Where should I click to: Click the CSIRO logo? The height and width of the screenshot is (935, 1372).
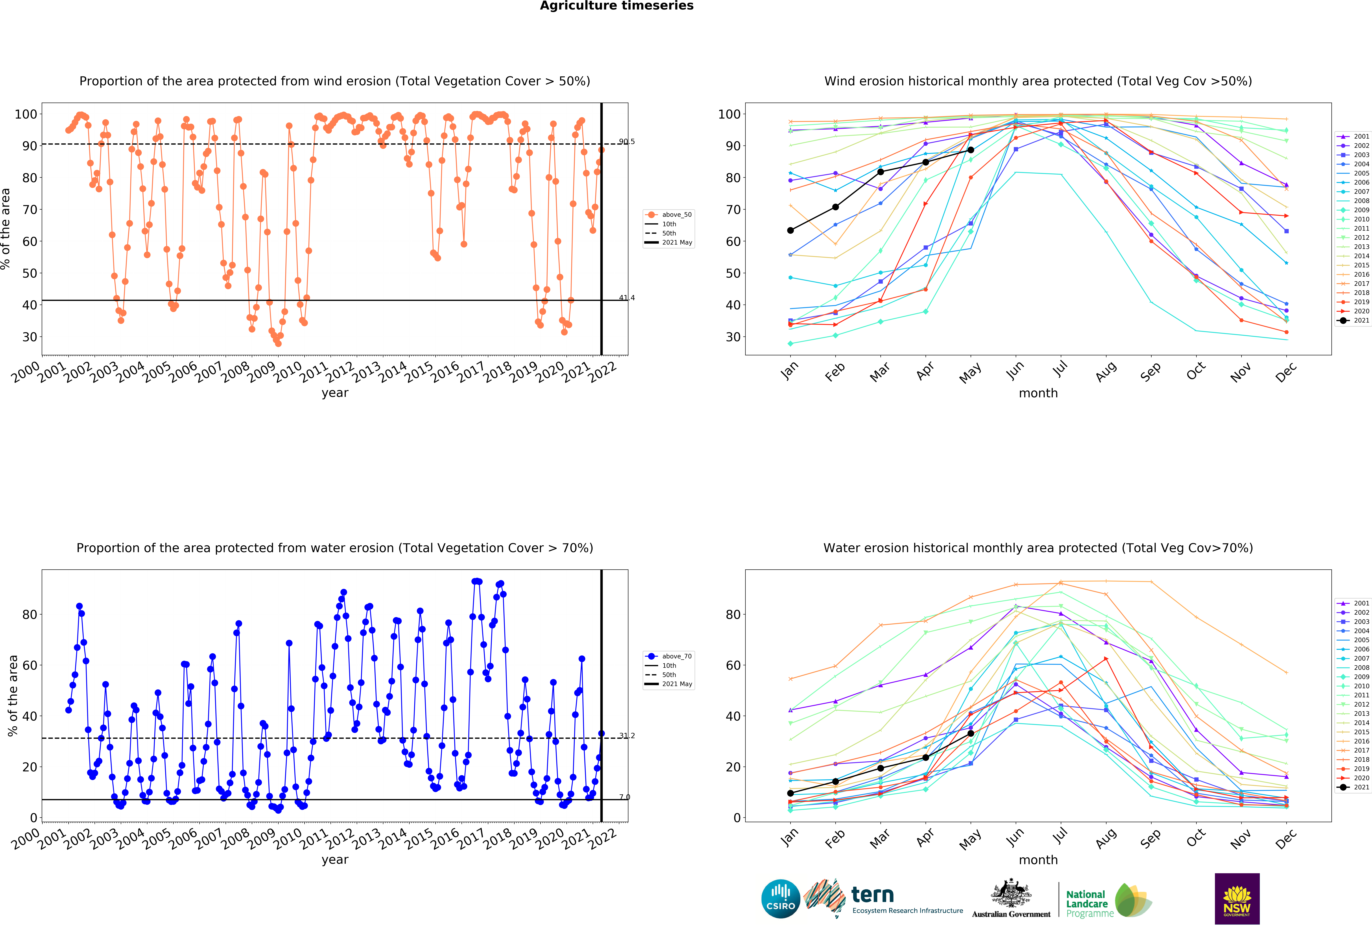coord(780,899)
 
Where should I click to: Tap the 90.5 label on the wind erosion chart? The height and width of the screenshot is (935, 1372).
coord(627,142)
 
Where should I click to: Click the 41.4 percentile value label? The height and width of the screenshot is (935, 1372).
coord(627,298)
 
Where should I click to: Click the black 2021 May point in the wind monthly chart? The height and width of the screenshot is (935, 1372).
coord(970,150)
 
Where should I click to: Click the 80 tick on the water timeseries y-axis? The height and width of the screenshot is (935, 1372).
coord(30,615)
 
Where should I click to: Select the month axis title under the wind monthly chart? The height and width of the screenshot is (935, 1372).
coord(1038,393)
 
